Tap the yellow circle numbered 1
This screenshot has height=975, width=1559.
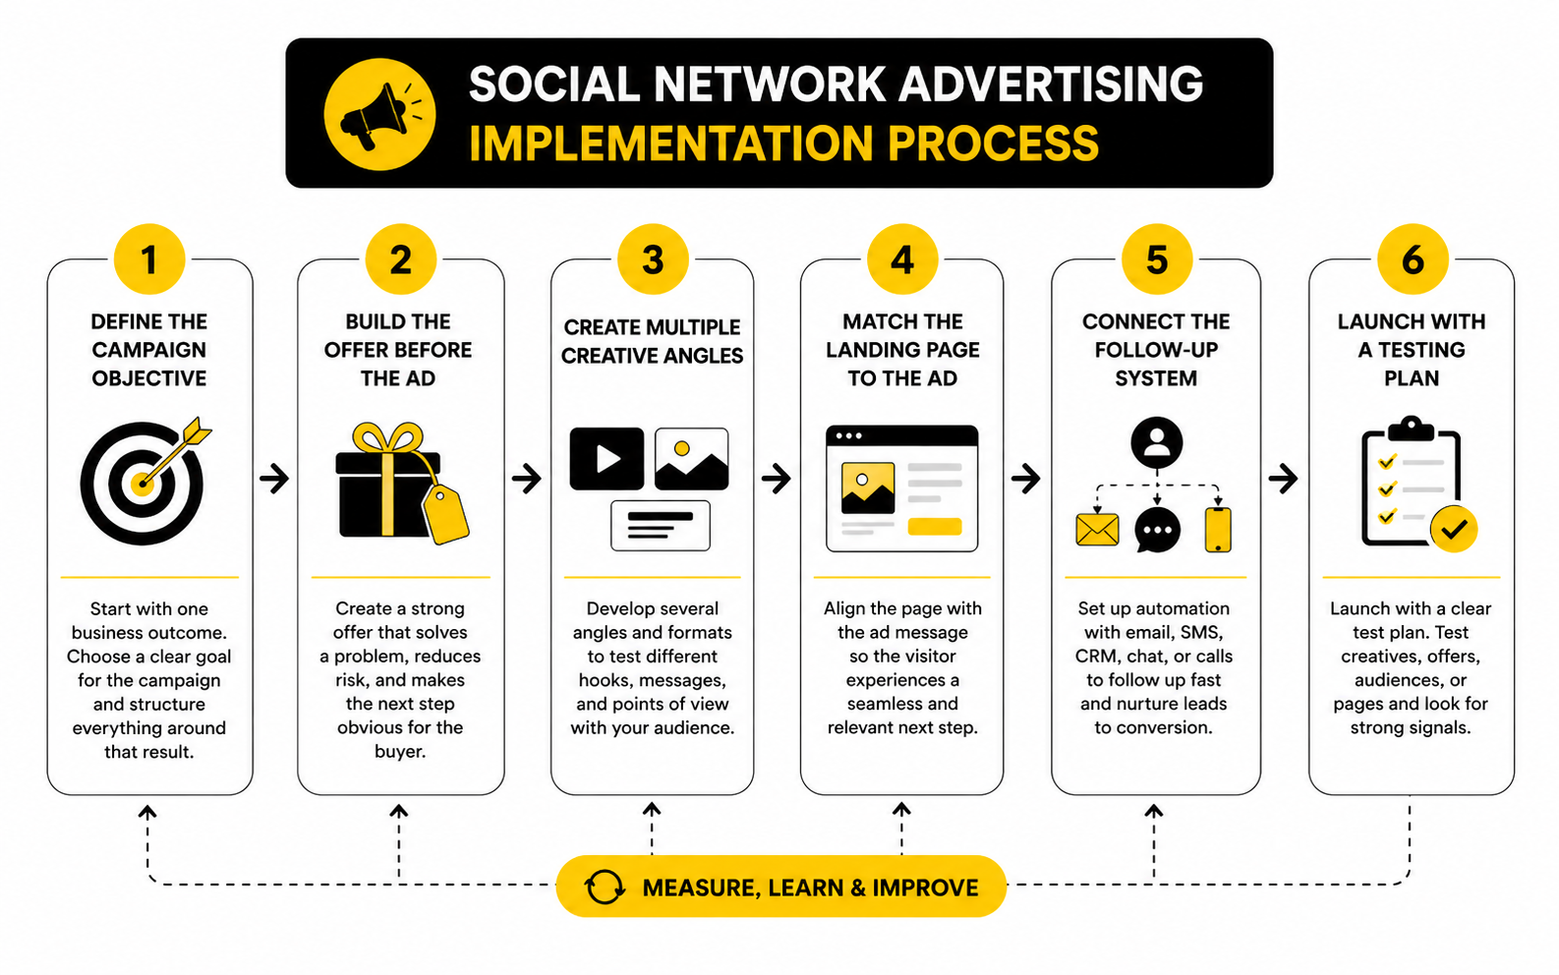coord(149,260)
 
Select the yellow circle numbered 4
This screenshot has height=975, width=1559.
coord(902,260)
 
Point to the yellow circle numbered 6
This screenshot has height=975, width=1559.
coord(1412,260)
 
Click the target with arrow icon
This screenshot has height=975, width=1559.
coord(144,482)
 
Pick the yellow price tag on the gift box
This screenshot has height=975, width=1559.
coord(446,513)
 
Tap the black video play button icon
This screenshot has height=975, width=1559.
coord(606,458)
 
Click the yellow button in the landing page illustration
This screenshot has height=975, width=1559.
coord(934,527)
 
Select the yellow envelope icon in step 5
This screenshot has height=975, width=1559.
coord(1097,530)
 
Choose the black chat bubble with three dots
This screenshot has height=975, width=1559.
coord(1157,530)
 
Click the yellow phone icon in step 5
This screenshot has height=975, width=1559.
coord(1218,530)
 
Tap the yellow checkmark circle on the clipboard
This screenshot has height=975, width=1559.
coord(1453,529)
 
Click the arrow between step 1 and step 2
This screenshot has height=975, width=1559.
coord(275,479)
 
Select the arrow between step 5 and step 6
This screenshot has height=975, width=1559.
coord(1283,479)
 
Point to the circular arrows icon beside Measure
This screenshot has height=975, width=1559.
coord(605,887)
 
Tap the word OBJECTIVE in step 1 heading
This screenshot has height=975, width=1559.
coord(149,378)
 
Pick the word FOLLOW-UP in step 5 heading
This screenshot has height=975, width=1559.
coord(1156,350)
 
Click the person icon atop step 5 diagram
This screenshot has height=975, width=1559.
coord(1157,442)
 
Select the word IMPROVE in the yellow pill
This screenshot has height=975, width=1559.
coord(925,888)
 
